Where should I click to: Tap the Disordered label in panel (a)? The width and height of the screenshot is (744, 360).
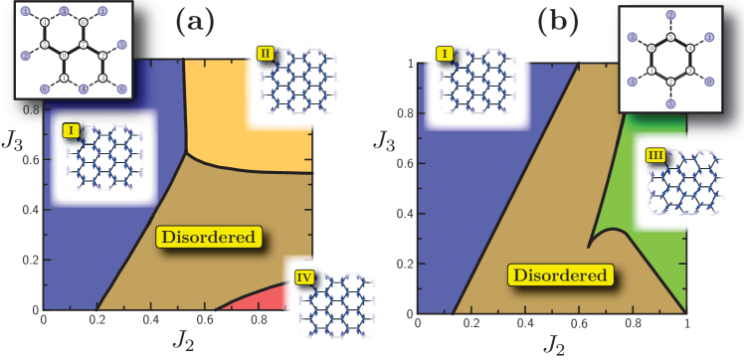211,238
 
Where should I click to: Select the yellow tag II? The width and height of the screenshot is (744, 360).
267,54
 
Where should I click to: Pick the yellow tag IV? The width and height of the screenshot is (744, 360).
304,277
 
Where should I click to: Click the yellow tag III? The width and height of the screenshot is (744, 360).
656,156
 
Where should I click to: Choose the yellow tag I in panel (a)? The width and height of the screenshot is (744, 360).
72,130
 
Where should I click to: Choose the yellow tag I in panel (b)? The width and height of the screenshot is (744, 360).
443,52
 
